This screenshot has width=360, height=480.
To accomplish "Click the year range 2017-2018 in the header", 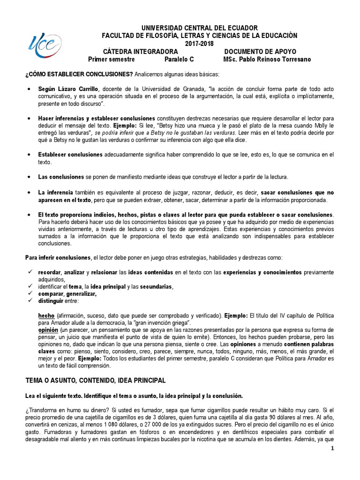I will tap(199, 44).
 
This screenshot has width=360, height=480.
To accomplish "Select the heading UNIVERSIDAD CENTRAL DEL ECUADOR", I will tap(199, 29).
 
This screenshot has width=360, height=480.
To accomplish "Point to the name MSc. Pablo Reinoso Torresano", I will tap(267, 60).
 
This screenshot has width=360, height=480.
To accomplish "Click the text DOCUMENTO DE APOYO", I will tap(260, 52).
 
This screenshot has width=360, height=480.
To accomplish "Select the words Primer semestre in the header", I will tap(112, 60).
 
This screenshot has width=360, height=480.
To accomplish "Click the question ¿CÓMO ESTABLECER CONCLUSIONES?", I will tap(79, 75).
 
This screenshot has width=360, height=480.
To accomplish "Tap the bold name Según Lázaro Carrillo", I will tap(69, 89).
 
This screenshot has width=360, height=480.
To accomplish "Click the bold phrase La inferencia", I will tap(55, 193).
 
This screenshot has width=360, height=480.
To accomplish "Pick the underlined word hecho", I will tap(46, 316).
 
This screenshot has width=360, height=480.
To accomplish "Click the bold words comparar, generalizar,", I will tap(67, 294).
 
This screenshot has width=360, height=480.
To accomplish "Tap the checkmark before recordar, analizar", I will tap(29, 272).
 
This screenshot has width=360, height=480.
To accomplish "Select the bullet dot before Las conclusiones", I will tap(29, 177).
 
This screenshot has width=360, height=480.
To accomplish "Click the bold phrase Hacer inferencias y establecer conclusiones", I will tap(97, 119).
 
